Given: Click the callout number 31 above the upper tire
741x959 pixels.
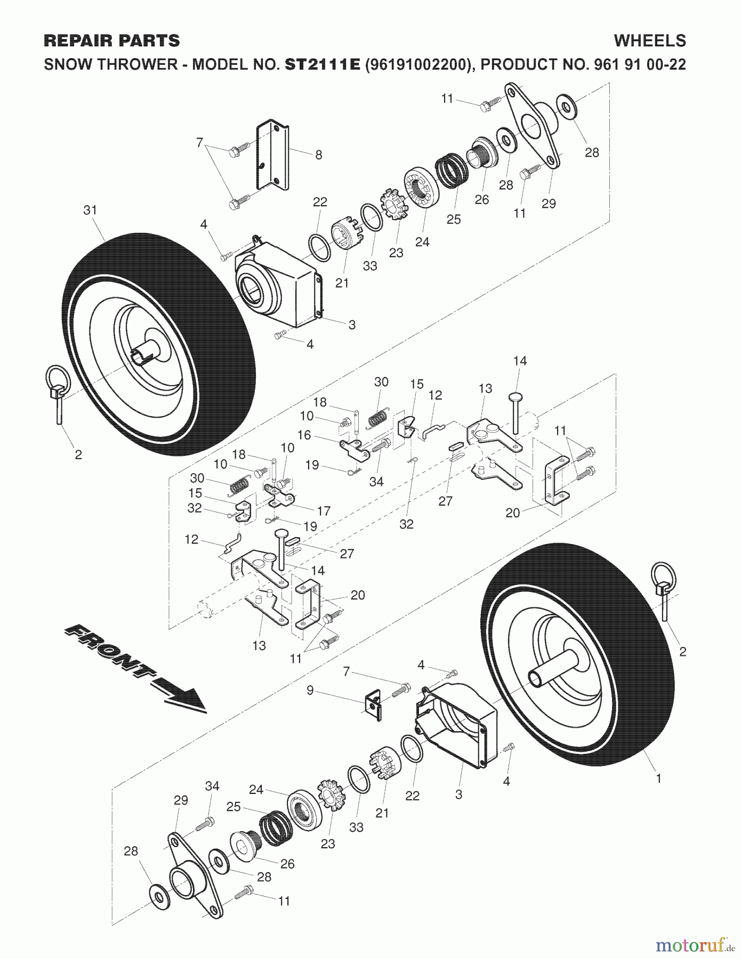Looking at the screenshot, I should (90, 210).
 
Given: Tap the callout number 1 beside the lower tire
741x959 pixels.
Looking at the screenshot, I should (658, 778).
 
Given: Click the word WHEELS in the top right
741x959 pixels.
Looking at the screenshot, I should (650, 40).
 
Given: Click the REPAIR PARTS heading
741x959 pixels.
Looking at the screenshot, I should (112, 40).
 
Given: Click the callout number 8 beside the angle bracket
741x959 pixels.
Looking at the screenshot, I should (319, 155).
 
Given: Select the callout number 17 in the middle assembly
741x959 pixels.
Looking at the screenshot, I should (324, 510).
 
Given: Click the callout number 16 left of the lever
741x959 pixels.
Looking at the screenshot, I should (304, 435).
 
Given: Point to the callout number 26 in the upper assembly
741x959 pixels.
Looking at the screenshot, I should (481, 200).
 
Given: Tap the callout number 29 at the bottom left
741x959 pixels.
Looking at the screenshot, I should (181, 800).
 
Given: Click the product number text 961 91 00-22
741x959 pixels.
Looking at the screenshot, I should (640, 64).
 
